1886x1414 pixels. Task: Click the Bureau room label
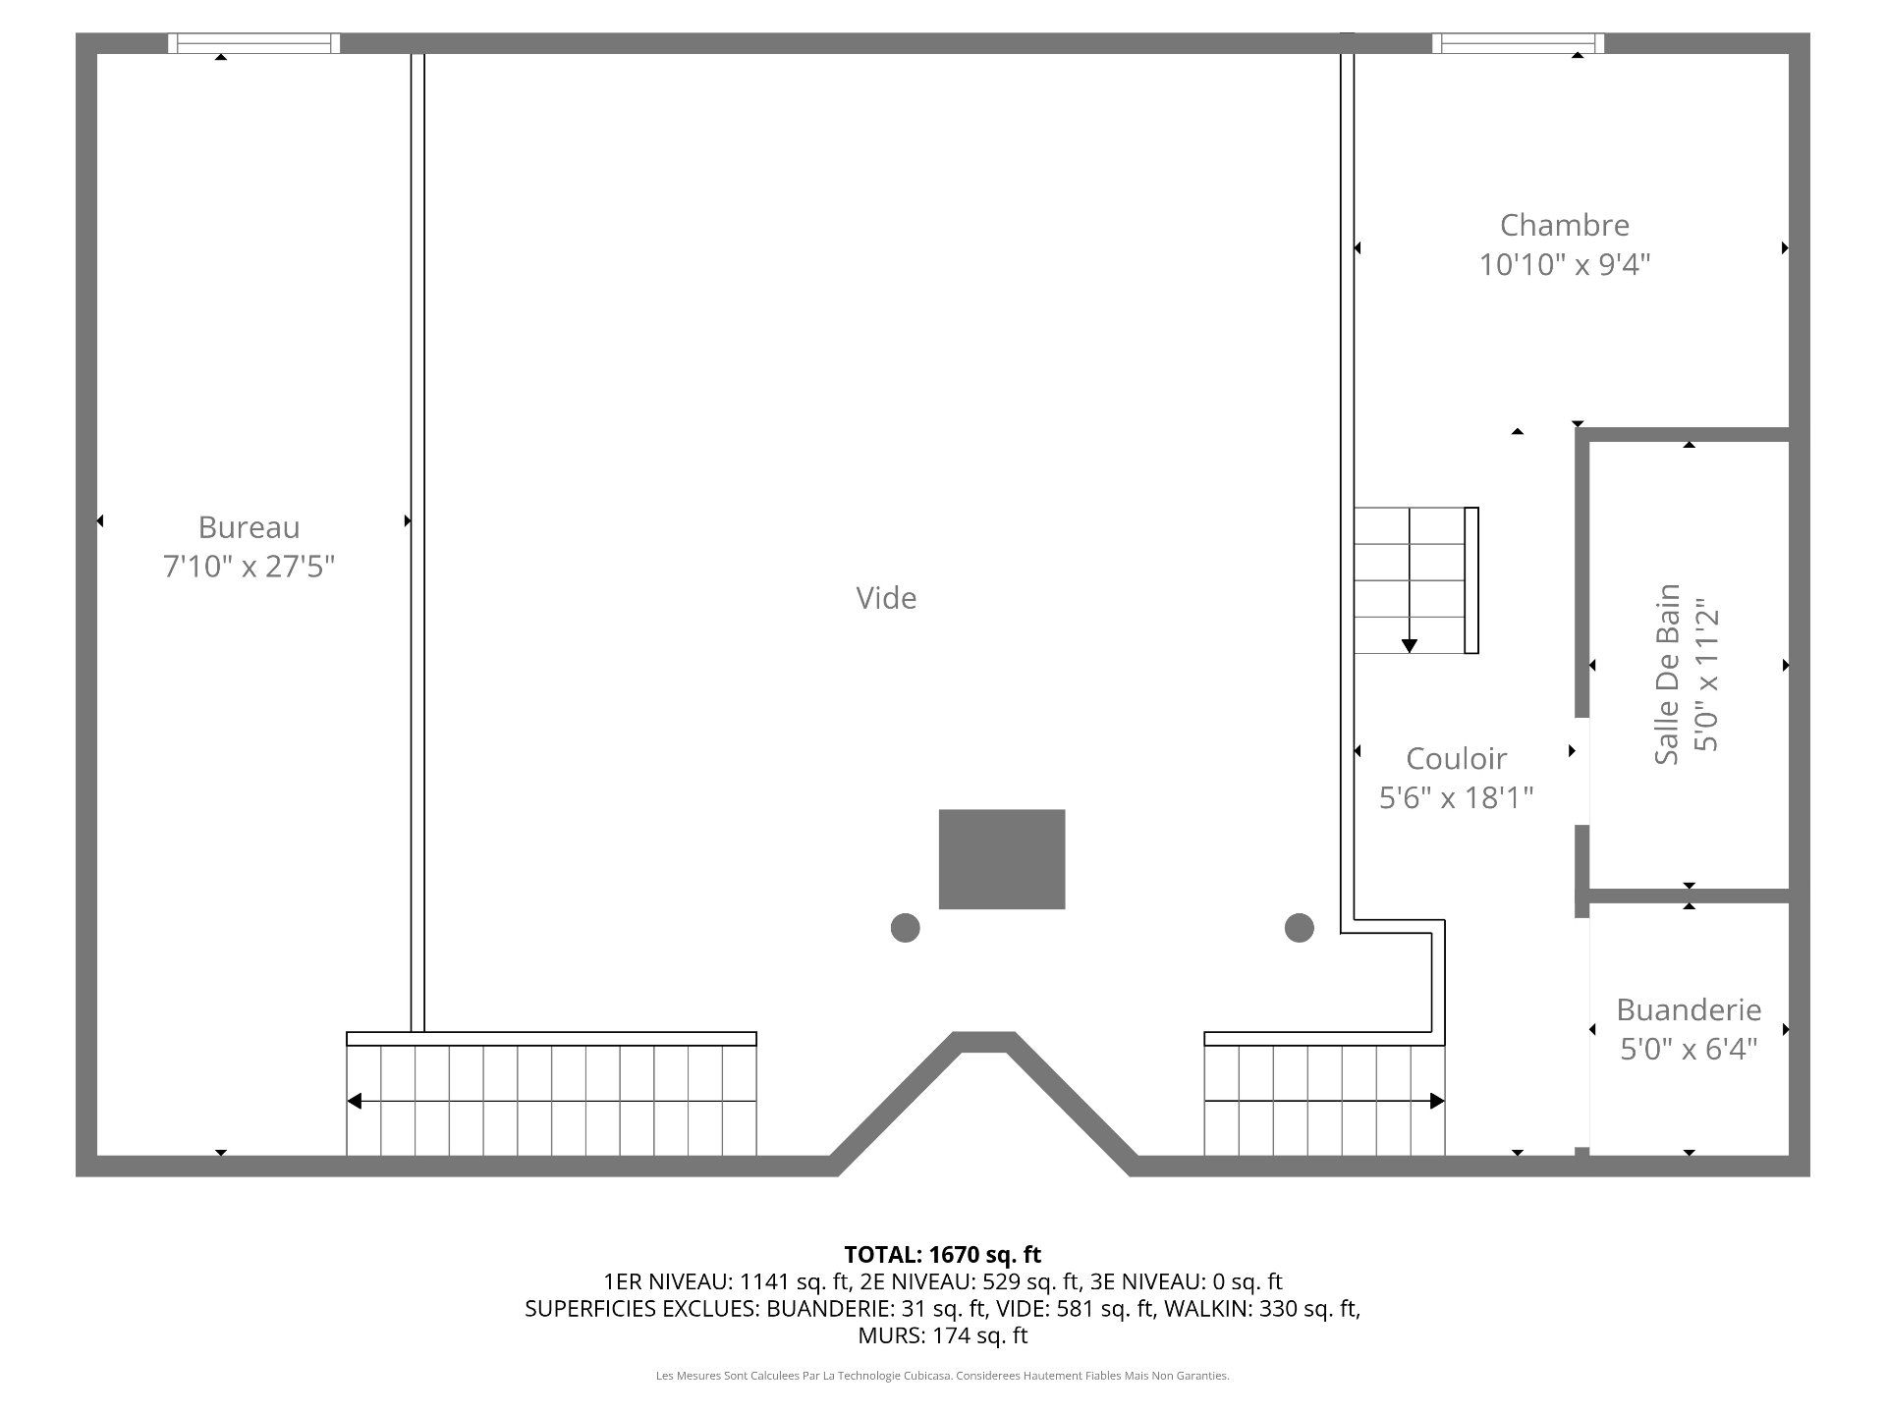click(x=249, y=527)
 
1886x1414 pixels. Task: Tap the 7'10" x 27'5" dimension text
click(x=250, y=567)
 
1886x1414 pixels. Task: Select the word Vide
click(x=886, y=598)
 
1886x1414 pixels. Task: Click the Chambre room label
click(x=1565, y=225)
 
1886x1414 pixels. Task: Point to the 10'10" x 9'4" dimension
click(x=1565, y=264)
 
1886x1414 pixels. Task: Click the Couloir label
click(x=1456, y=758)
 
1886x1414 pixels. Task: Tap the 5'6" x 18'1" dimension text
click(x=1456, y=797)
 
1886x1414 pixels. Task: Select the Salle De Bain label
click(x=1668, y=675)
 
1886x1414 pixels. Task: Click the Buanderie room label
click(x=1689, y=1009)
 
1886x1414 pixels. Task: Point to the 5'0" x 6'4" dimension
click(x=1689, y=1049)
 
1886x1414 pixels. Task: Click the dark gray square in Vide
click(x=1002, y=859)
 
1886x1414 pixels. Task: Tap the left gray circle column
click(x=905, y=927)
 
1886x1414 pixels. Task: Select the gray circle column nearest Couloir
click(x=1299, y=927)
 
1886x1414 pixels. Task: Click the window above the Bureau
click(x=253, y=43)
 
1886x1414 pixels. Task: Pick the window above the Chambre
click(x=1518, y=43)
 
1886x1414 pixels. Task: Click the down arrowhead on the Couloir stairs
click(x=1410, y=646)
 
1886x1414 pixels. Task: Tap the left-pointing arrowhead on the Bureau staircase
click(x=354, y=1102)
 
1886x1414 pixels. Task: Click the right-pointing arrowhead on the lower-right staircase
click(x=1437, y=1102)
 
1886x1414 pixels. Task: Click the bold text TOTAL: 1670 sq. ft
click(x=943, y=1254)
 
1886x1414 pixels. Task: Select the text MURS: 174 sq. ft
click(x=943, y=1335)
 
